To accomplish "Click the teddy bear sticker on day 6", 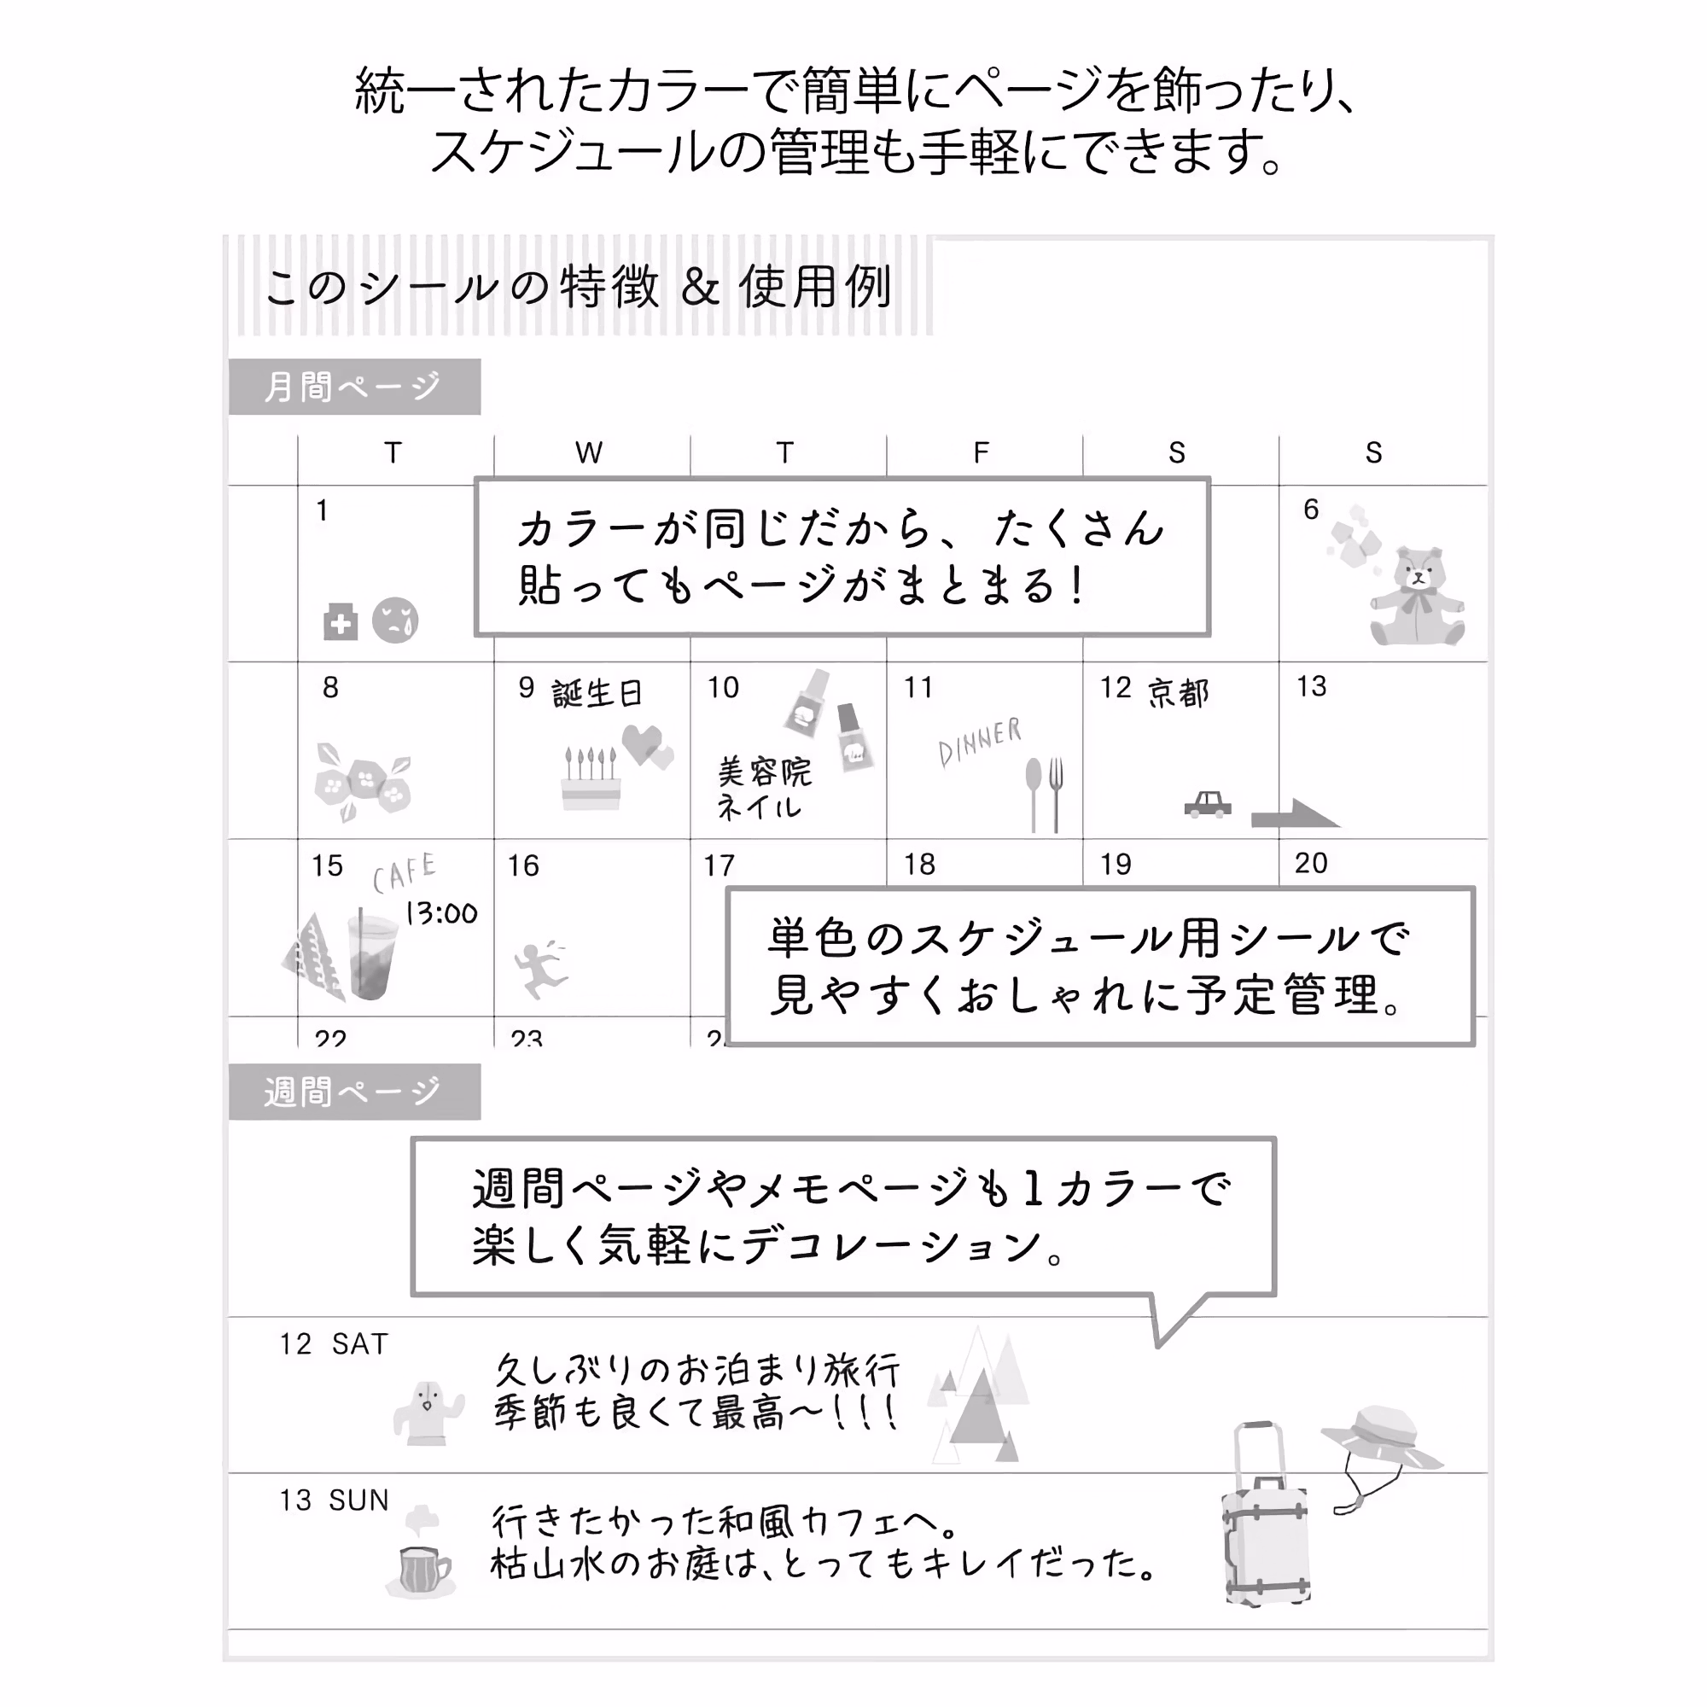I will coord(1417,597).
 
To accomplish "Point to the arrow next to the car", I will coord(1296,813).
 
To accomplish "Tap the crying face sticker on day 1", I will coord(395,620).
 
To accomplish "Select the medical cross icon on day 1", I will coord(341,622).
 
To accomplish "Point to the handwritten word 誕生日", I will coord(597,694).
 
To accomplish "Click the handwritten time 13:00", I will coord(441,913).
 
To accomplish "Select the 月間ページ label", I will coord(354,387).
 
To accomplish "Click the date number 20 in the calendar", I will coord(1311,863).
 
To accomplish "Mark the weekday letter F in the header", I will coord(981,453).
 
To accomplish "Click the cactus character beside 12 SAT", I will coord(428,1414).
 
